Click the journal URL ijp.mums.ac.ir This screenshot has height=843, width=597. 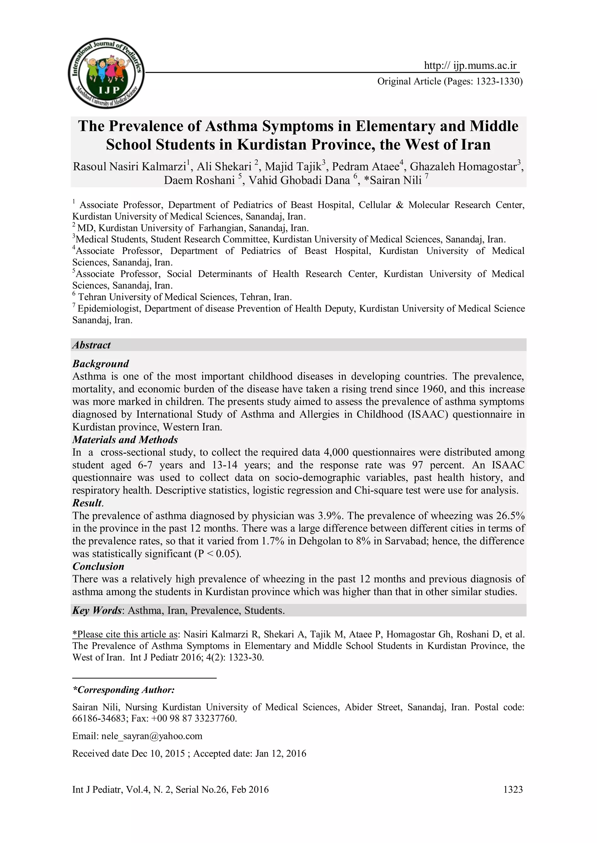470,66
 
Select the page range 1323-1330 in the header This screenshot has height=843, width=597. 499,82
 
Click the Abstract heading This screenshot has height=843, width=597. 92,345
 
